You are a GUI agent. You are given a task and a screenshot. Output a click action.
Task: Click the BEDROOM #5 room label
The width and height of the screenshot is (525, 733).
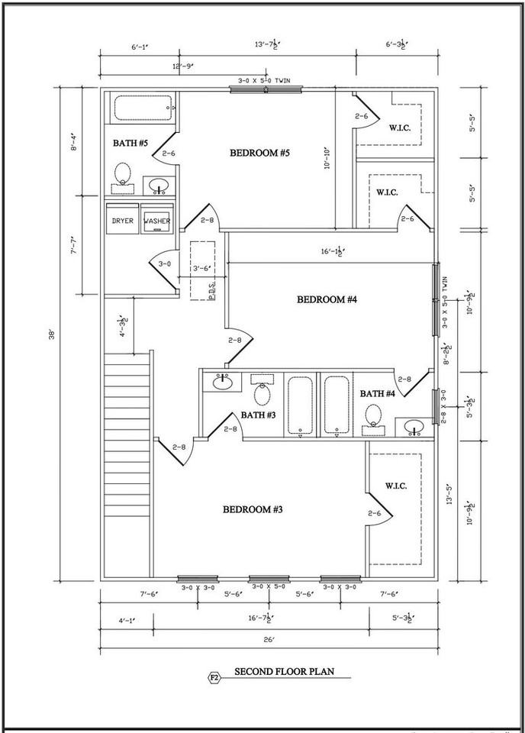click(259, 153)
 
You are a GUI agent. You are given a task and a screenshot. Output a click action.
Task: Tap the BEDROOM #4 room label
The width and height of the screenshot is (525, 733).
click(327, 299)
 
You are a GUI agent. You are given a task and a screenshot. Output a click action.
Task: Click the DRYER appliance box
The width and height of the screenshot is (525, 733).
click(122, 221)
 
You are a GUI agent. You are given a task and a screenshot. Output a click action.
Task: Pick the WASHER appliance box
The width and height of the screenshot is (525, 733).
click(157, 221)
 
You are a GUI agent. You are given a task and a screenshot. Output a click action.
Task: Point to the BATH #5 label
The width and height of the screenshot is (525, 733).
click(130, 143)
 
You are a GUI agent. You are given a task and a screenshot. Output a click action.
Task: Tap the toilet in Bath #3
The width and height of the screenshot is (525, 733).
click(262, 393)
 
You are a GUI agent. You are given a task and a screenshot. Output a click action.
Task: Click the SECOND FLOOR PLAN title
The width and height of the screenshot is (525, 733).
click(282, 673)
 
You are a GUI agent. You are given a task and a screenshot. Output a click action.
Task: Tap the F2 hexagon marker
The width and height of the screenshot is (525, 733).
click(214, 676)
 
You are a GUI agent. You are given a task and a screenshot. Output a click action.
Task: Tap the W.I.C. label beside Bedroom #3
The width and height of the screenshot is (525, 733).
click(395, 485)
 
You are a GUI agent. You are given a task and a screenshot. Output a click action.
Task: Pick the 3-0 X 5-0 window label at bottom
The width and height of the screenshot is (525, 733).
click(268, 586)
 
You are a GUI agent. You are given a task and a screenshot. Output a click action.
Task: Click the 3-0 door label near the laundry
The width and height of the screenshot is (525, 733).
click(164, 263)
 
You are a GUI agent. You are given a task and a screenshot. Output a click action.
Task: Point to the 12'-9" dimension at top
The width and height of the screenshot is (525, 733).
click(140, 66)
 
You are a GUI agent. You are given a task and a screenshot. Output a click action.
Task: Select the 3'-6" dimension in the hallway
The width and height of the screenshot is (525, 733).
click(201, 268)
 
